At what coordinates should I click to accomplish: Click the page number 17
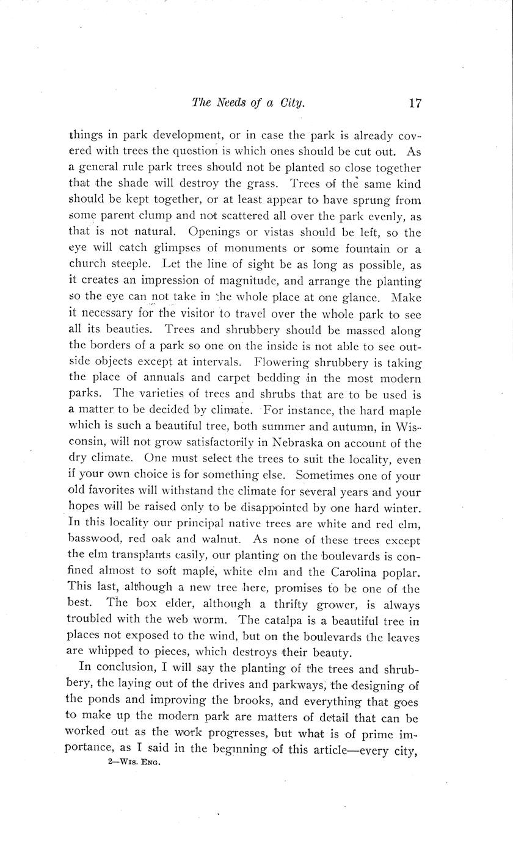[x=415, y=103]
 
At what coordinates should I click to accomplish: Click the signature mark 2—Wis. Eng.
[x=133, y=762]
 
